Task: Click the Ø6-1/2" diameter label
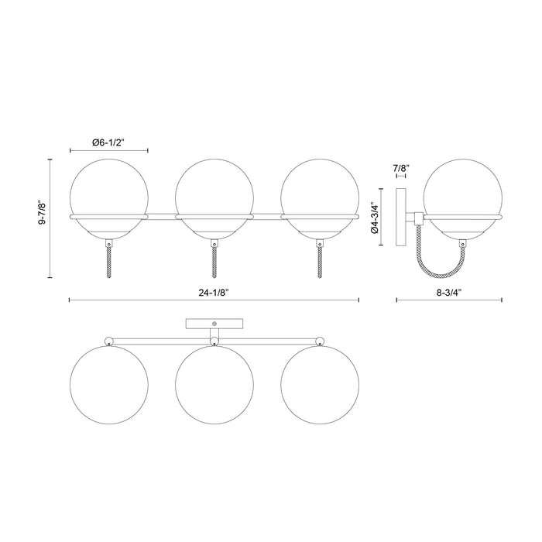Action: (x=108, y=142)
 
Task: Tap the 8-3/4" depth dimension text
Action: (x=448, y=293)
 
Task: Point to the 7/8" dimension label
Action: (x=401, y=167)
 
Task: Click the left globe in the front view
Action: (x=108, y=194)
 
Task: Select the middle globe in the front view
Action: (x=213, y=194)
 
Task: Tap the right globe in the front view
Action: (x=318, y=194)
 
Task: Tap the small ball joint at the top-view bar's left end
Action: (x=108, y=340)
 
